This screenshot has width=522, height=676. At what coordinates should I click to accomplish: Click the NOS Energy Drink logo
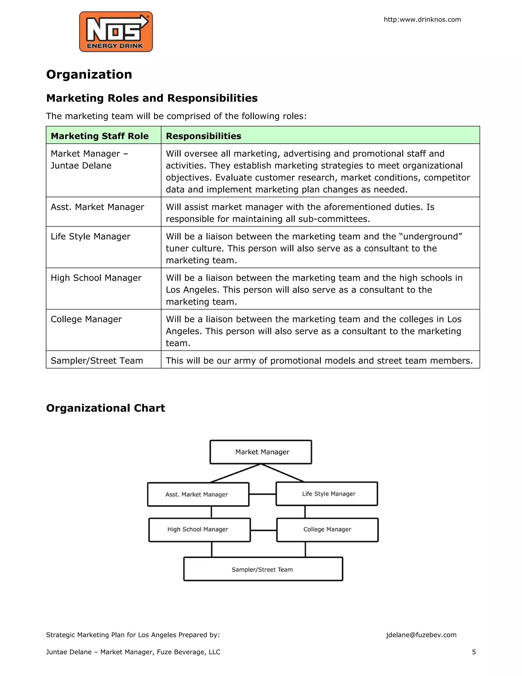coord(116,32)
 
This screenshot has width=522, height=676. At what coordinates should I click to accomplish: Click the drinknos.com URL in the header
coord(422,19)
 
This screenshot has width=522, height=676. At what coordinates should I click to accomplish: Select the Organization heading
coord(89,74)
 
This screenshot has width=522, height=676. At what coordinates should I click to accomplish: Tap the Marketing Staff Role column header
coord(100,136)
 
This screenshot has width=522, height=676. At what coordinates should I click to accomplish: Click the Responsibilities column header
coord(203,136)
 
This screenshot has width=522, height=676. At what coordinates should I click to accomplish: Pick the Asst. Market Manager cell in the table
coord(97,207)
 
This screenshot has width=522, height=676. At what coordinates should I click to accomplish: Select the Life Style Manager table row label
coord(90,236)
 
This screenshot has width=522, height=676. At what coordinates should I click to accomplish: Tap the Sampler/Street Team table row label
coord(97,361)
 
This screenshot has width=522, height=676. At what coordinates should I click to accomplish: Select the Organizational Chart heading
coord(106,408)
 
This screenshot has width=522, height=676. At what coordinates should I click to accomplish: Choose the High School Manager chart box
coord(198,529)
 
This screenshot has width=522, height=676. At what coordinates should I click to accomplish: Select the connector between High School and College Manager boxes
coord(264,530)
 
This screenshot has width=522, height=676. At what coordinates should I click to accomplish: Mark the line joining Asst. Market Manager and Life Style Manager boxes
coord(262,494)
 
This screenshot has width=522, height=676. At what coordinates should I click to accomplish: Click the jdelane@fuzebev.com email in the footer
coord(421,635)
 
